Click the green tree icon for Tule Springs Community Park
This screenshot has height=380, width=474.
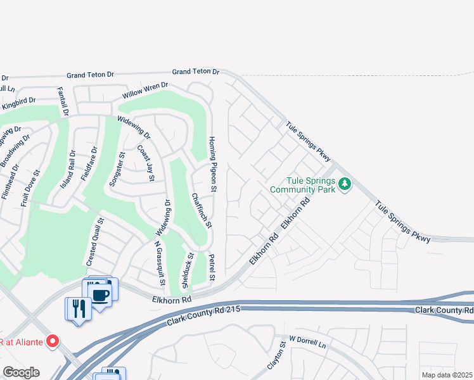pos(345,184)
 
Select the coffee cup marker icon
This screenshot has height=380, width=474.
pos(101,293)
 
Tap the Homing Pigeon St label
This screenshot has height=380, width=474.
pos(214,163)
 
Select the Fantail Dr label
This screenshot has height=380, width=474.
pos(63,101)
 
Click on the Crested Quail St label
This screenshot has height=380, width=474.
pos(94,242)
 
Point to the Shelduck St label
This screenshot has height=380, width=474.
pos(189,268)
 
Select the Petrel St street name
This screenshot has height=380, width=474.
pos(212,268)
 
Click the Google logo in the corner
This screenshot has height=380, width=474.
pos(21,372)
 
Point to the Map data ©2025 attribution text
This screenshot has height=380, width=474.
pos(447,375)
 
